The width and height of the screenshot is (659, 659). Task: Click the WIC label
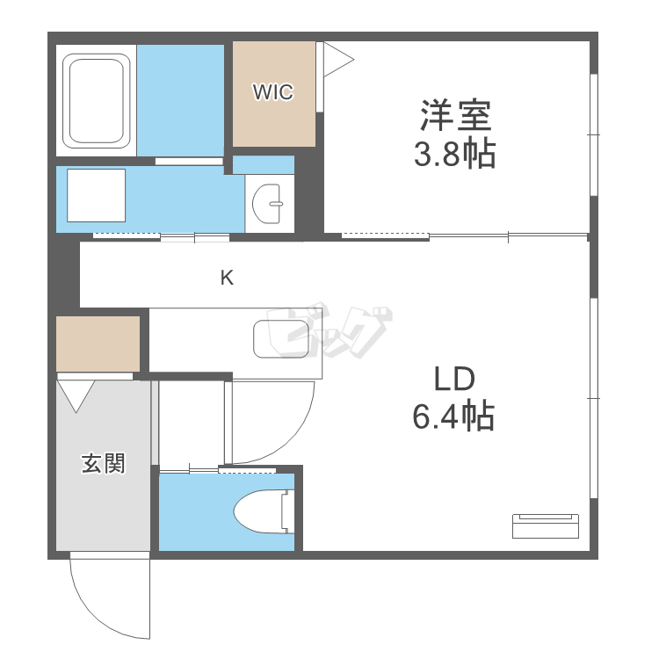point(272,92)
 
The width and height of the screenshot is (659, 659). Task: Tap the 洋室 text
point(455,116)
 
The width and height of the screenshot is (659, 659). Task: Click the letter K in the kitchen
point(227,279)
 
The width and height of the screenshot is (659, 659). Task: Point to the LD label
point(454,379)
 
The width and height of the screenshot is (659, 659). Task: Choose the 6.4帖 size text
point(453,415)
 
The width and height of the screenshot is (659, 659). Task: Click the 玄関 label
point(103,462)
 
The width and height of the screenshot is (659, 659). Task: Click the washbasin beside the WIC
point(269,206)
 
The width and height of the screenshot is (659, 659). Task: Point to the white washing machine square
point(97,195)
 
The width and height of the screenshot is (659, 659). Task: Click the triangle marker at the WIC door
point(337,60)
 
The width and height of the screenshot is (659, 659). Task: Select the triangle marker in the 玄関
point(76,393)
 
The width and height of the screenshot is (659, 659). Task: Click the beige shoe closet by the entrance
point(98,344)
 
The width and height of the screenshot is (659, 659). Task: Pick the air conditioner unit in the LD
point(546,525)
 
